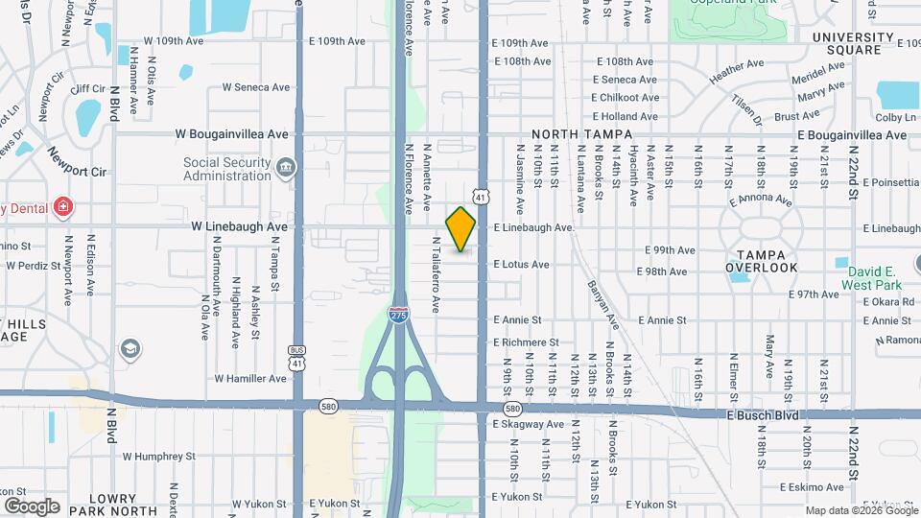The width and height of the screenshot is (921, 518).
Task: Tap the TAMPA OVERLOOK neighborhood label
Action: coord(762,261)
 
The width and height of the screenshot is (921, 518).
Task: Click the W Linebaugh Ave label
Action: coord(239,227)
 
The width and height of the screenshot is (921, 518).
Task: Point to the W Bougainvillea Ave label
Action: coord(231,135)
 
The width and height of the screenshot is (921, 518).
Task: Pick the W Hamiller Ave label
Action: coord(250,379)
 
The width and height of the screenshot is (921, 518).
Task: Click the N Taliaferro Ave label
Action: coord(435,275)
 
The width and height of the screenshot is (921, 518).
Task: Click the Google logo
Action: coord(32,506)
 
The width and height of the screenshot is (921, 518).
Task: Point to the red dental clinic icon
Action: coord(63,206)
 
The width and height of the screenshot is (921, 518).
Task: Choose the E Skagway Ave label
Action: coord(528,424)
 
